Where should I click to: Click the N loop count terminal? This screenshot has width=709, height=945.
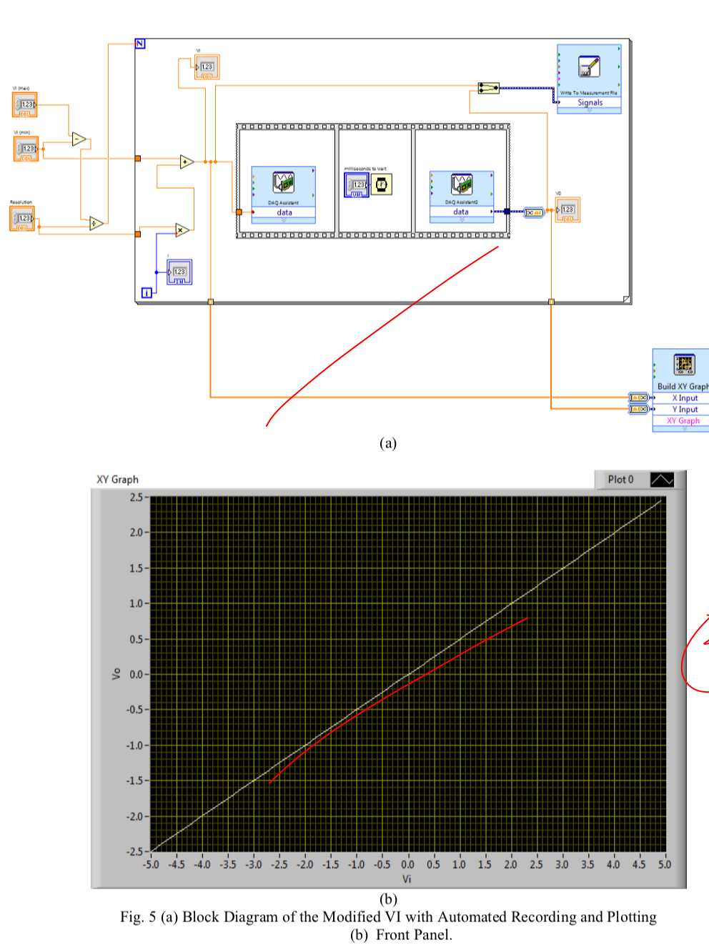[x=140, y=44]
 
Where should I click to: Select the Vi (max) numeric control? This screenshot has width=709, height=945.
[x=25, y=104]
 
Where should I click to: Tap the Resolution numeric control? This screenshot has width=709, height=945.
[x=22, y=218]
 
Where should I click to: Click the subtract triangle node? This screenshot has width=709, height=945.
[x=79, y=139]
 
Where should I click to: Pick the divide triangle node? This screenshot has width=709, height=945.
[x=96, y=224]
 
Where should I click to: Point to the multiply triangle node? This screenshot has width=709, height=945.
[x=183, y=229]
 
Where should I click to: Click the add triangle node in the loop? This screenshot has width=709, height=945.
[x=187, y=162]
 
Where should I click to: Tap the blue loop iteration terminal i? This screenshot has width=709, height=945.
[x=146, y=292]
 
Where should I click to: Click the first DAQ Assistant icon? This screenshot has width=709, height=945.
[x=283, y=183]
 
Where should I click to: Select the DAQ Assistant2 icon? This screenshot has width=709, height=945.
[x=461, y=184]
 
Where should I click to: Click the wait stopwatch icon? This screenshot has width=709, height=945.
[x=382, y=184]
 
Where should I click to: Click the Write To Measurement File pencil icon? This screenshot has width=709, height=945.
[x=589, y=66]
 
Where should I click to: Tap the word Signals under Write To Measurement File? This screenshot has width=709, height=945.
[x=590, y=103]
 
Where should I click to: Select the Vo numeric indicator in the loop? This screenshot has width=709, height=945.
[x=567, y=210]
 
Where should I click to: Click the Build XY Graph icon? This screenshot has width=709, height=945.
[x=684, y=365]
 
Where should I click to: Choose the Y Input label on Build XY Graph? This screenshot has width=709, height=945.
[x=685, y=410]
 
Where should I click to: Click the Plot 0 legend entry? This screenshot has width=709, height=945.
[x=620, y=480]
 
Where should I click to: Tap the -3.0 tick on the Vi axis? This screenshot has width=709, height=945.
[x=254, y=864]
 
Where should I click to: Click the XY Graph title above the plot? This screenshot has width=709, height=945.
[x=117, y=480]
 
